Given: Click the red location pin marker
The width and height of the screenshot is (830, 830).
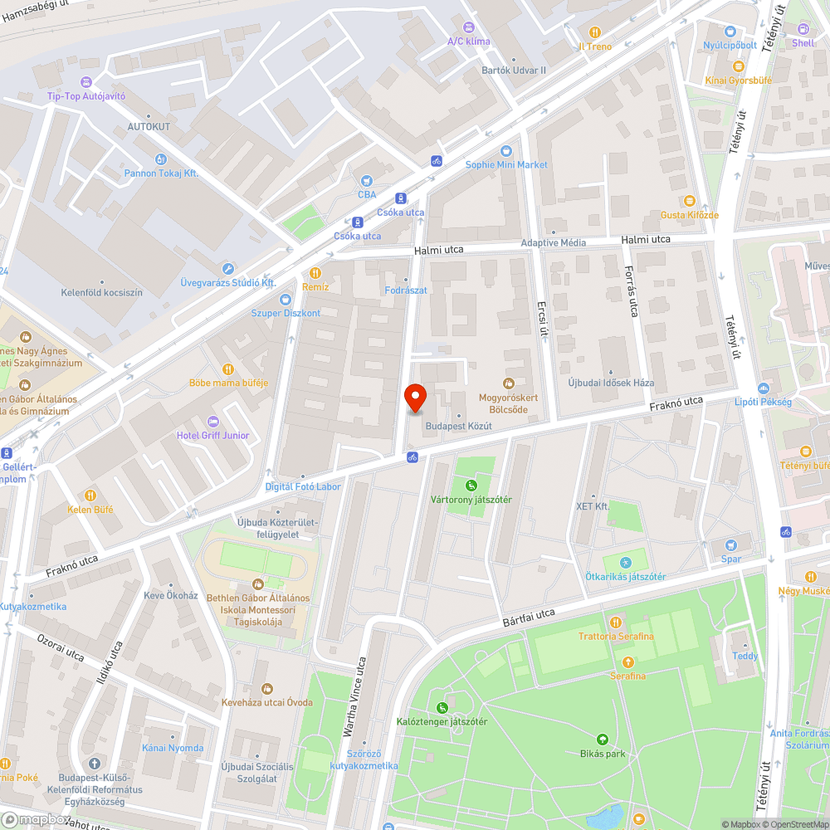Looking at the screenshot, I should click(x=415, y=399).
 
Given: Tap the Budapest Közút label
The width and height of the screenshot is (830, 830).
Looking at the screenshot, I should click(x=458, y=426).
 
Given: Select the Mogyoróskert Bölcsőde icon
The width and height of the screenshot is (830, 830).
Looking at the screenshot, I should click(x=509, y=383).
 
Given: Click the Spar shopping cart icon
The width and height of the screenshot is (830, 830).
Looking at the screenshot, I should click(x=730, y=545).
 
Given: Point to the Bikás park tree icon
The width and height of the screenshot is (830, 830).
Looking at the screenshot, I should click(x=603, y=739).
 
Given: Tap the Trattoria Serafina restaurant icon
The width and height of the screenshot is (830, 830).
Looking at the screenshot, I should click(x=616, y=622).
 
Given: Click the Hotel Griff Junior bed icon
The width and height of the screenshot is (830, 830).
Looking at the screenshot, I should click(x=212, y=422).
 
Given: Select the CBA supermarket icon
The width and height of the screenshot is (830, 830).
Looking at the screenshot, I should click(x=367, y=181).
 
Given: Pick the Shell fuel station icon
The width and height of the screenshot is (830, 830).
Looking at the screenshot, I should click(x=803, y=28).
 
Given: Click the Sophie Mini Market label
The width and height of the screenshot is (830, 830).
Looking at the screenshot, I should click(x=506, y=164).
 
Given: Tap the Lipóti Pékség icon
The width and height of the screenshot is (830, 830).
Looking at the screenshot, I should click(x=763, y=388).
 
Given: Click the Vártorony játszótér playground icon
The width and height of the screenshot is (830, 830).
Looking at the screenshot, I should click(x=471, y=486).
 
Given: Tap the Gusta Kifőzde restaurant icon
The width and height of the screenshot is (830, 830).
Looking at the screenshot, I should click(x=689, y=201).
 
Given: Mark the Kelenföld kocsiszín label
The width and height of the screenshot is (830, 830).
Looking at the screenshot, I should click(x=102, y=292).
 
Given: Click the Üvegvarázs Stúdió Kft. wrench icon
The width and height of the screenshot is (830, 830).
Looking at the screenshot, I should click(x=228, y=268).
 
